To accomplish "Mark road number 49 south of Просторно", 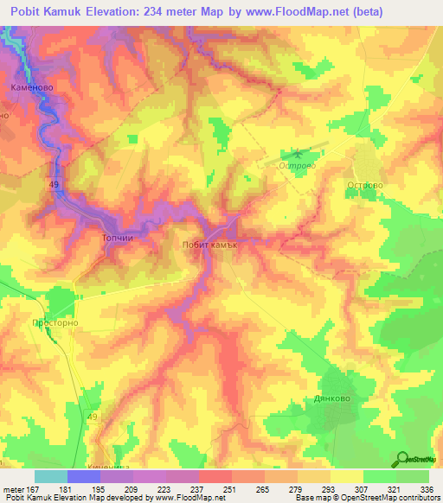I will (92, 417).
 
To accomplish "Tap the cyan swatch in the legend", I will (50, 476).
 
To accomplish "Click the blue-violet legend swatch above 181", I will (83, 476).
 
